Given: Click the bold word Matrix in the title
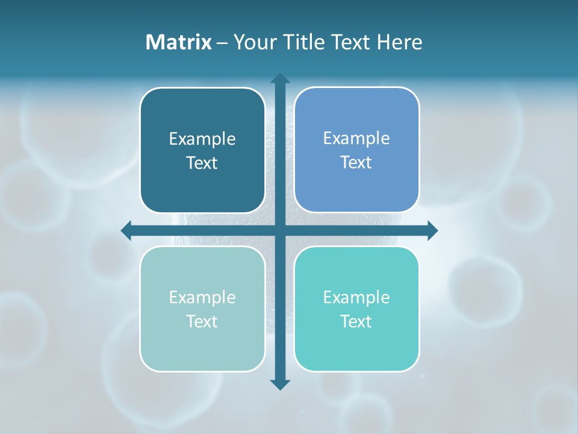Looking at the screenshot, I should click(178, 42).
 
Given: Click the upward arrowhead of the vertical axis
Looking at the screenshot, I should click(280, 78).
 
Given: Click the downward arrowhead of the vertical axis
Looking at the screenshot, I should click(280, 385).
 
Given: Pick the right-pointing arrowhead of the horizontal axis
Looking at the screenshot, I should click(432, 230).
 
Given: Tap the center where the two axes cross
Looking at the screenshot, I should click(280, 230).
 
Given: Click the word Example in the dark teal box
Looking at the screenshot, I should click(202, 139).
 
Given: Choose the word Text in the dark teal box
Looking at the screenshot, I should click(202, 163).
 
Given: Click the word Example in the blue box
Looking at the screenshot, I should click(356, 139).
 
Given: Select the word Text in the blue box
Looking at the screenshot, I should click(356, 163).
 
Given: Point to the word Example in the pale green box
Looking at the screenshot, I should click(202, 298).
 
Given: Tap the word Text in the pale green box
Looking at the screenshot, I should click(202, 322).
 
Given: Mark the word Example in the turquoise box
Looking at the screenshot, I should click(356, 298).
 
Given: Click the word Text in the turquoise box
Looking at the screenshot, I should click(356, 322).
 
